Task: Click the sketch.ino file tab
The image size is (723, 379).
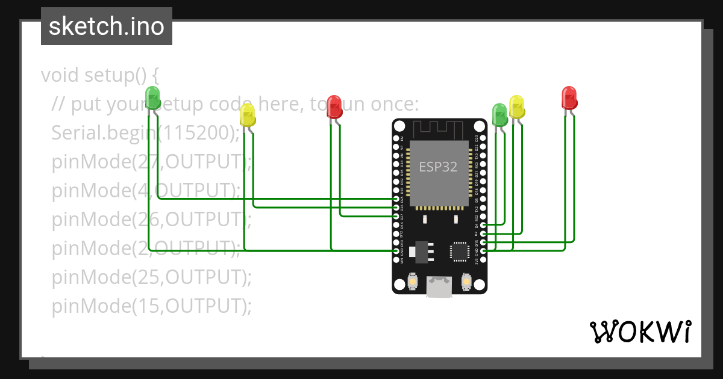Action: (107, 26)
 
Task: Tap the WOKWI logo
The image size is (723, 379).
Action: (639, 331)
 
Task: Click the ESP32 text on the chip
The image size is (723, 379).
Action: (438, 167)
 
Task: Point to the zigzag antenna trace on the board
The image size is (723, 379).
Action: (438, 128)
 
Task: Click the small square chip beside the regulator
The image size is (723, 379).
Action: (460, 251)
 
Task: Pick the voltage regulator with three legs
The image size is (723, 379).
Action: (420, 251)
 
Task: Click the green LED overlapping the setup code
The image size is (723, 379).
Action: (153, 97)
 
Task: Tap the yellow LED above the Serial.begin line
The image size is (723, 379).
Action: (248, 114)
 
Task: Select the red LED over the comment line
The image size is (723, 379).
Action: (334, 106)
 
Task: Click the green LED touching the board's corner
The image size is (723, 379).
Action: (500, 114)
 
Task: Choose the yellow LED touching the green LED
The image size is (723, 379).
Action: (517, 106)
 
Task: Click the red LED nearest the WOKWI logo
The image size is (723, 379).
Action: (569, 97)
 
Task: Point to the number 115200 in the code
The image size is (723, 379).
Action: (198, 133)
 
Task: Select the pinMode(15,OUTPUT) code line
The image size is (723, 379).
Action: (151, 306)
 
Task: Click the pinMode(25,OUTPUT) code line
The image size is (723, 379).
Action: (151, 277)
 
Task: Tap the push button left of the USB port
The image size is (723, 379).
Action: (413, 280)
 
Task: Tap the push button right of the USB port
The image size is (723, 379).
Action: (465, 280)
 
